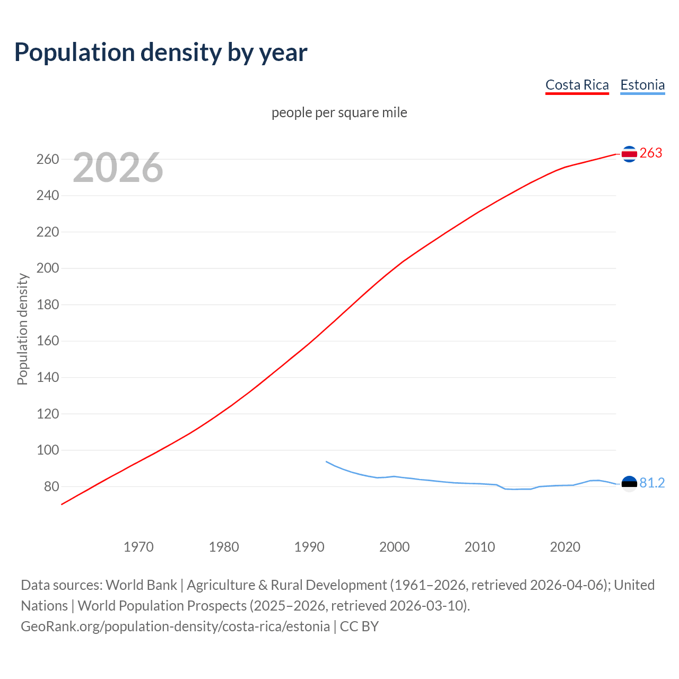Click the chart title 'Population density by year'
(161, 53)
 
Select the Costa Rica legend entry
(577, 85)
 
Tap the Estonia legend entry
(642, 85)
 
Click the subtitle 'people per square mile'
(339, 112)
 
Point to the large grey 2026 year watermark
(118, 168)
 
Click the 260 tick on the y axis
(48, 159)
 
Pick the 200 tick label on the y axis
(48, 268)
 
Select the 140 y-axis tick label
(48, 378)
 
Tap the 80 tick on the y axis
(51, 486)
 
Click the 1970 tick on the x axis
(138, 547)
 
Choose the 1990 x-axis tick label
(309, 547)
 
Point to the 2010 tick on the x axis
(480, 547)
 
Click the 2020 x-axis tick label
(565, 547)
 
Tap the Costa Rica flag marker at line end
(629, 154)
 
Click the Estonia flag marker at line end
(629, 484)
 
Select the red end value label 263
(651, 153)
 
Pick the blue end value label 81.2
(652, 483)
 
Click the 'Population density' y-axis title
(22, 329)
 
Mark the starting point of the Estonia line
(326, 462)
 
